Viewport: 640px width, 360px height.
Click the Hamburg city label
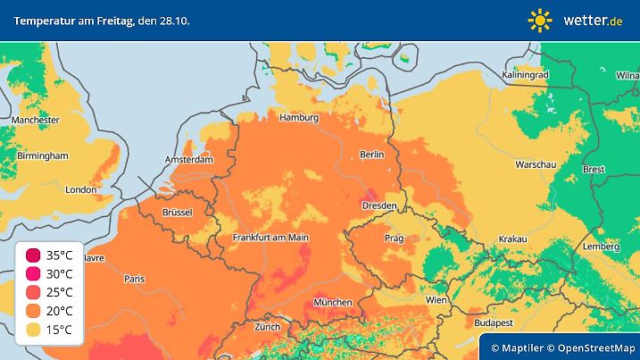[299, 118]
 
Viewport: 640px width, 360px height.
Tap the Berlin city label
[371, 155]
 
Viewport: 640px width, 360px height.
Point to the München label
[332, 303]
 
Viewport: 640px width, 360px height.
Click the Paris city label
[134, 279]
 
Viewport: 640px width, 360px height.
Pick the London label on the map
[80, 189]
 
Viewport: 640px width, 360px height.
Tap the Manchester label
[36, 120]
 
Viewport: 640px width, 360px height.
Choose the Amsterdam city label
[189, 161]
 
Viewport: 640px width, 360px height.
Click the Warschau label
[536, 165]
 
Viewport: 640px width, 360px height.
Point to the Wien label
[436, 299]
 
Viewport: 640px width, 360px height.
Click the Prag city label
[394, 239]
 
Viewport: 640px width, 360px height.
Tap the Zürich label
[267, 327]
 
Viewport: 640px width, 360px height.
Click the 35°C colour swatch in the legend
[33, 255]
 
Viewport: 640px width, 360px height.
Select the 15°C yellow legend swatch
[33, 331]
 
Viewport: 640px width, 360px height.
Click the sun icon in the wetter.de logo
[540, 20]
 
